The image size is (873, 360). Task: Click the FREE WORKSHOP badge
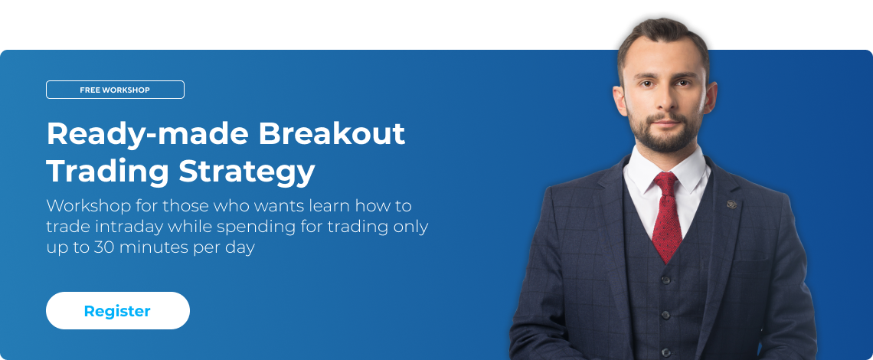tap(115, 90)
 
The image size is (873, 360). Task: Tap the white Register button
tap(117, 310)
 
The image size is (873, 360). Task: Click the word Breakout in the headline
tap(332, 133)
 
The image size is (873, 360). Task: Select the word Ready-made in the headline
tap(148, 134)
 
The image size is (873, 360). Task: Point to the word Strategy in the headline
tap(247, 172)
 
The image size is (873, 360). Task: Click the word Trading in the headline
tap(107, 172)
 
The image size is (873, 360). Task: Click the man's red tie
tap(666, 217)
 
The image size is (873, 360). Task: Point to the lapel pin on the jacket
tap(731, 204)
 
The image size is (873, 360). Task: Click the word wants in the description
tap(278, 206)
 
